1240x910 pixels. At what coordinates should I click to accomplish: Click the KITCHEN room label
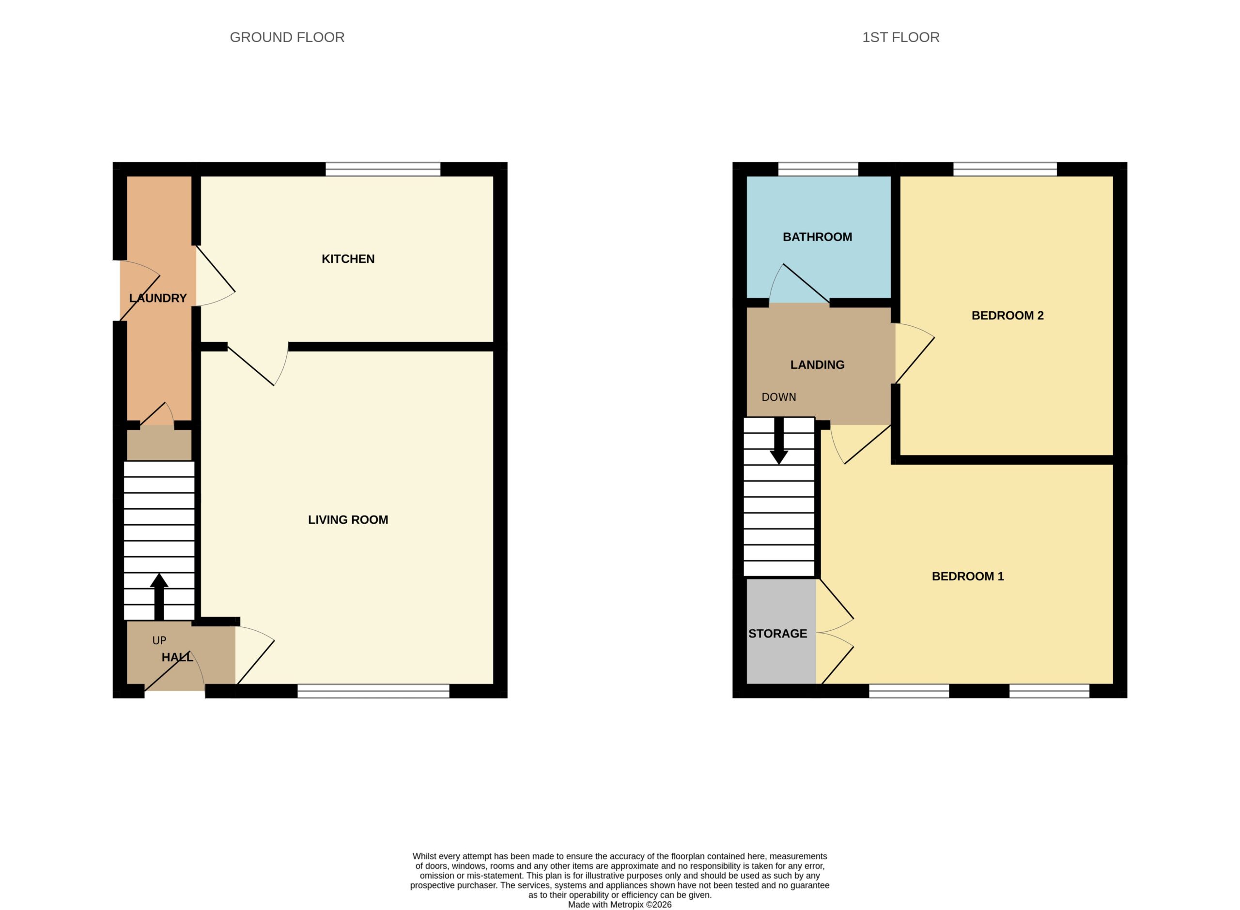point(348,259)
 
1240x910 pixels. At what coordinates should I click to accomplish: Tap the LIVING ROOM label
point(348,519)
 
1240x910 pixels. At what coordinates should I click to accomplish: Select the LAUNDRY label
point(157,298)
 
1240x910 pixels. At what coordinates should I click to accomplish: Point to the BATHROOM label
point(817,237)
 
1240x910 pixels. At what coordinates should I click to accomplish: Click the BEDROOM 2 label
point(1007,316)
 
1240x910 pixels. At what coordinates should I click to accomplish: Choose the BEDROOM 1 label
point(968,576)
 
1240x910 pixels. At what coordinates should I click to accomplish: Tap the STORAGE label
point(777,634)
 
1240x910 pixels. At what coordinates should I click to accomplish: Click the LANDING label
point(817,364)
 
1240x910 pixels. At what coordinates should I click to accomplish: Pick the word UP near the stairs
point(159,640)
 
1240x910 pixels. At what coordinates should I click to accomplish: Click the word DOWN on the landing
point(779,397)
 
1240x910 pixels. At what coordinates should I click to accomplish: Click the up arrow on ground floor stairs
point(159,596)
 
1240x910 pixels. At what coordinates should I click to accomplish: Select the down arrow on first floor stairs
point(779,440)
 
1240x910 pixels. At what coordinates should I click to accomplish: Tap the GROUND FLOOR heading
point(287,37)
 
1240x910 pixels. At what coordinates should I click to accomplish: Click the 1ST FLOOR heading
point(900,37)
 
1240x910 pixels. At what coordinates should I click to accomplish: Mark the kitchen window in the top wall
point(383,169)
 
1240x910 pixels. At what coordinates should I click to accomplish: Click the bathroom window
point(818,169)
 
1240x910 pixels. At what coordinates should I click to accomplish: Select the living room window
point(373,691)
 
